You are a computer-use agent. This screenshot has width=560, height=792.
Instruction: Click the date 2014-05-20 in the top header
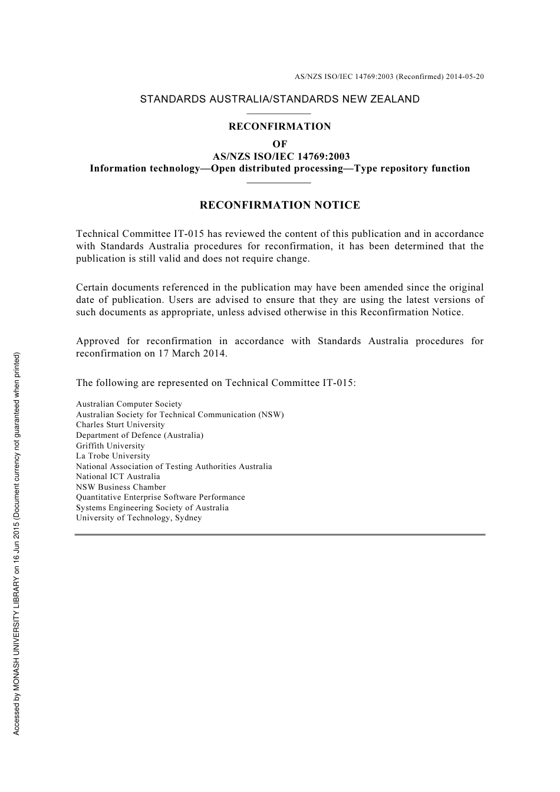pyautogui.click(x=465, y=77)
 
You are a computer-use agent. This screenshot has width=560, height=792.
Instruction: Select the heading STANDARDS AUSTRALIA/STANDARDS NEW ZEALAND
pyautogui.click(x=279, y=99)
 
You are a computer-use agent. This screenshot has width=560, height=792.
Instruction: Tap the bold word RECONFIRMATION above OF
pyautogui.click(x=279, y=126)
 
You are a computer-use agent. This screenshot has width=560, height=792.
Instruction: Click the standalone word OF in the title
pyautogui.click(x=279, y=144)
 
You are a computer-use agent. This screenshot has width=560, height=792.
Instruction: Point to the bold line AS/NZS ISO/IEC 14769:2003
pyautogui.click(x=281, y=156)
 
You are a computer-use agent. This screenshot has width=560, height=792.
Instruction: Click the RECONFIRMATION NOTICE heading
pyautogui.click(x=279, y=205)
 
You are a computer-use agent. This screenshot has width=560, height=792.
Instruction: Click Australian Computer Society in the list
pyautogui.click(x=129, y=404)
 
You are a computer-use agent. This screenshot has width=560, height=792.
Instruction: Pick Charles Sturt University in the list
pyautogui.click(x=120, y=425)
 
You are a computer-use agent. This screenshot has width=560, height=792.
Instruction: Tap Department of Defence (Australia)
pyautogui.click(x=139, y=435)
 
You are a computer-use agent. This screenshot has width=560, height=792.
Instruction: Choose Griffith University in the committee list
pyautogui.click(x=110, y=445)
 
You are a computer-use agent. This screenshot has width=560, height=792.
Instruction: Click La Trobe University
pyautogui.click(x=113, y=456)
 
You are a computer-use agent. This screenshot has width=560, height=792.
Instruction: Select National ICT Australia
pyautogui.click(x=118, y=477)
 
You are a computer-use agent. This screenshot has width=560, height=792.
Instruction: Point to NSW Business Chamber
pyautogui.click(x=120, y=487)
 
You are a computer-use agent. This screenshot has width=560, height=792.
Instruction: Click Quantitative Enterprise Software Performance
pyautogui.click(x=160, y=497)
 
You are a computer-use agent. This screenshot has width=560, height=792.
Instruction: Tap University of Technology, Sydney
pyautogui.click(x=139, y=518)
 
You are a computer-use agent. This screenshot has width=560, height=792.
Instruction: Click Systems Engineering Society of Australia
pyautogui.click(x=152, y=508)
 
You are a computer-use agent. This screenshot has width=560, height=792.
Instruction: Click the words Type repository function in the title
pyautogui.click(x=412, y=169)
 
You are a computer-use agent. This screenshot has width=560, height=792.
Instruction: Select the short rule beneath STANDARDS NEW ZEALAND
pyautogui.click(x=279, y=113)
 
